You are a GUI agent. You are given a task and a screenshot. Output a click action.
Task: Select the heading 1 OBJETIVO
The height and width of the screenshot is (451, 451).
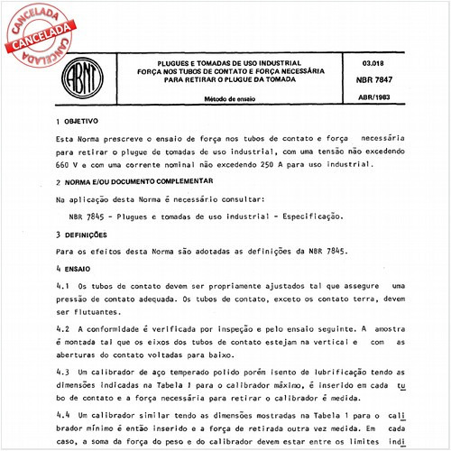(77, 121)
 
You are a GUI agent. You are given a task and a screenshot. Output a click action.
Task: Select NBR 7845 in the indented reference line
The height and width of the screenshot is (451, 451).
(87, 216)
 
